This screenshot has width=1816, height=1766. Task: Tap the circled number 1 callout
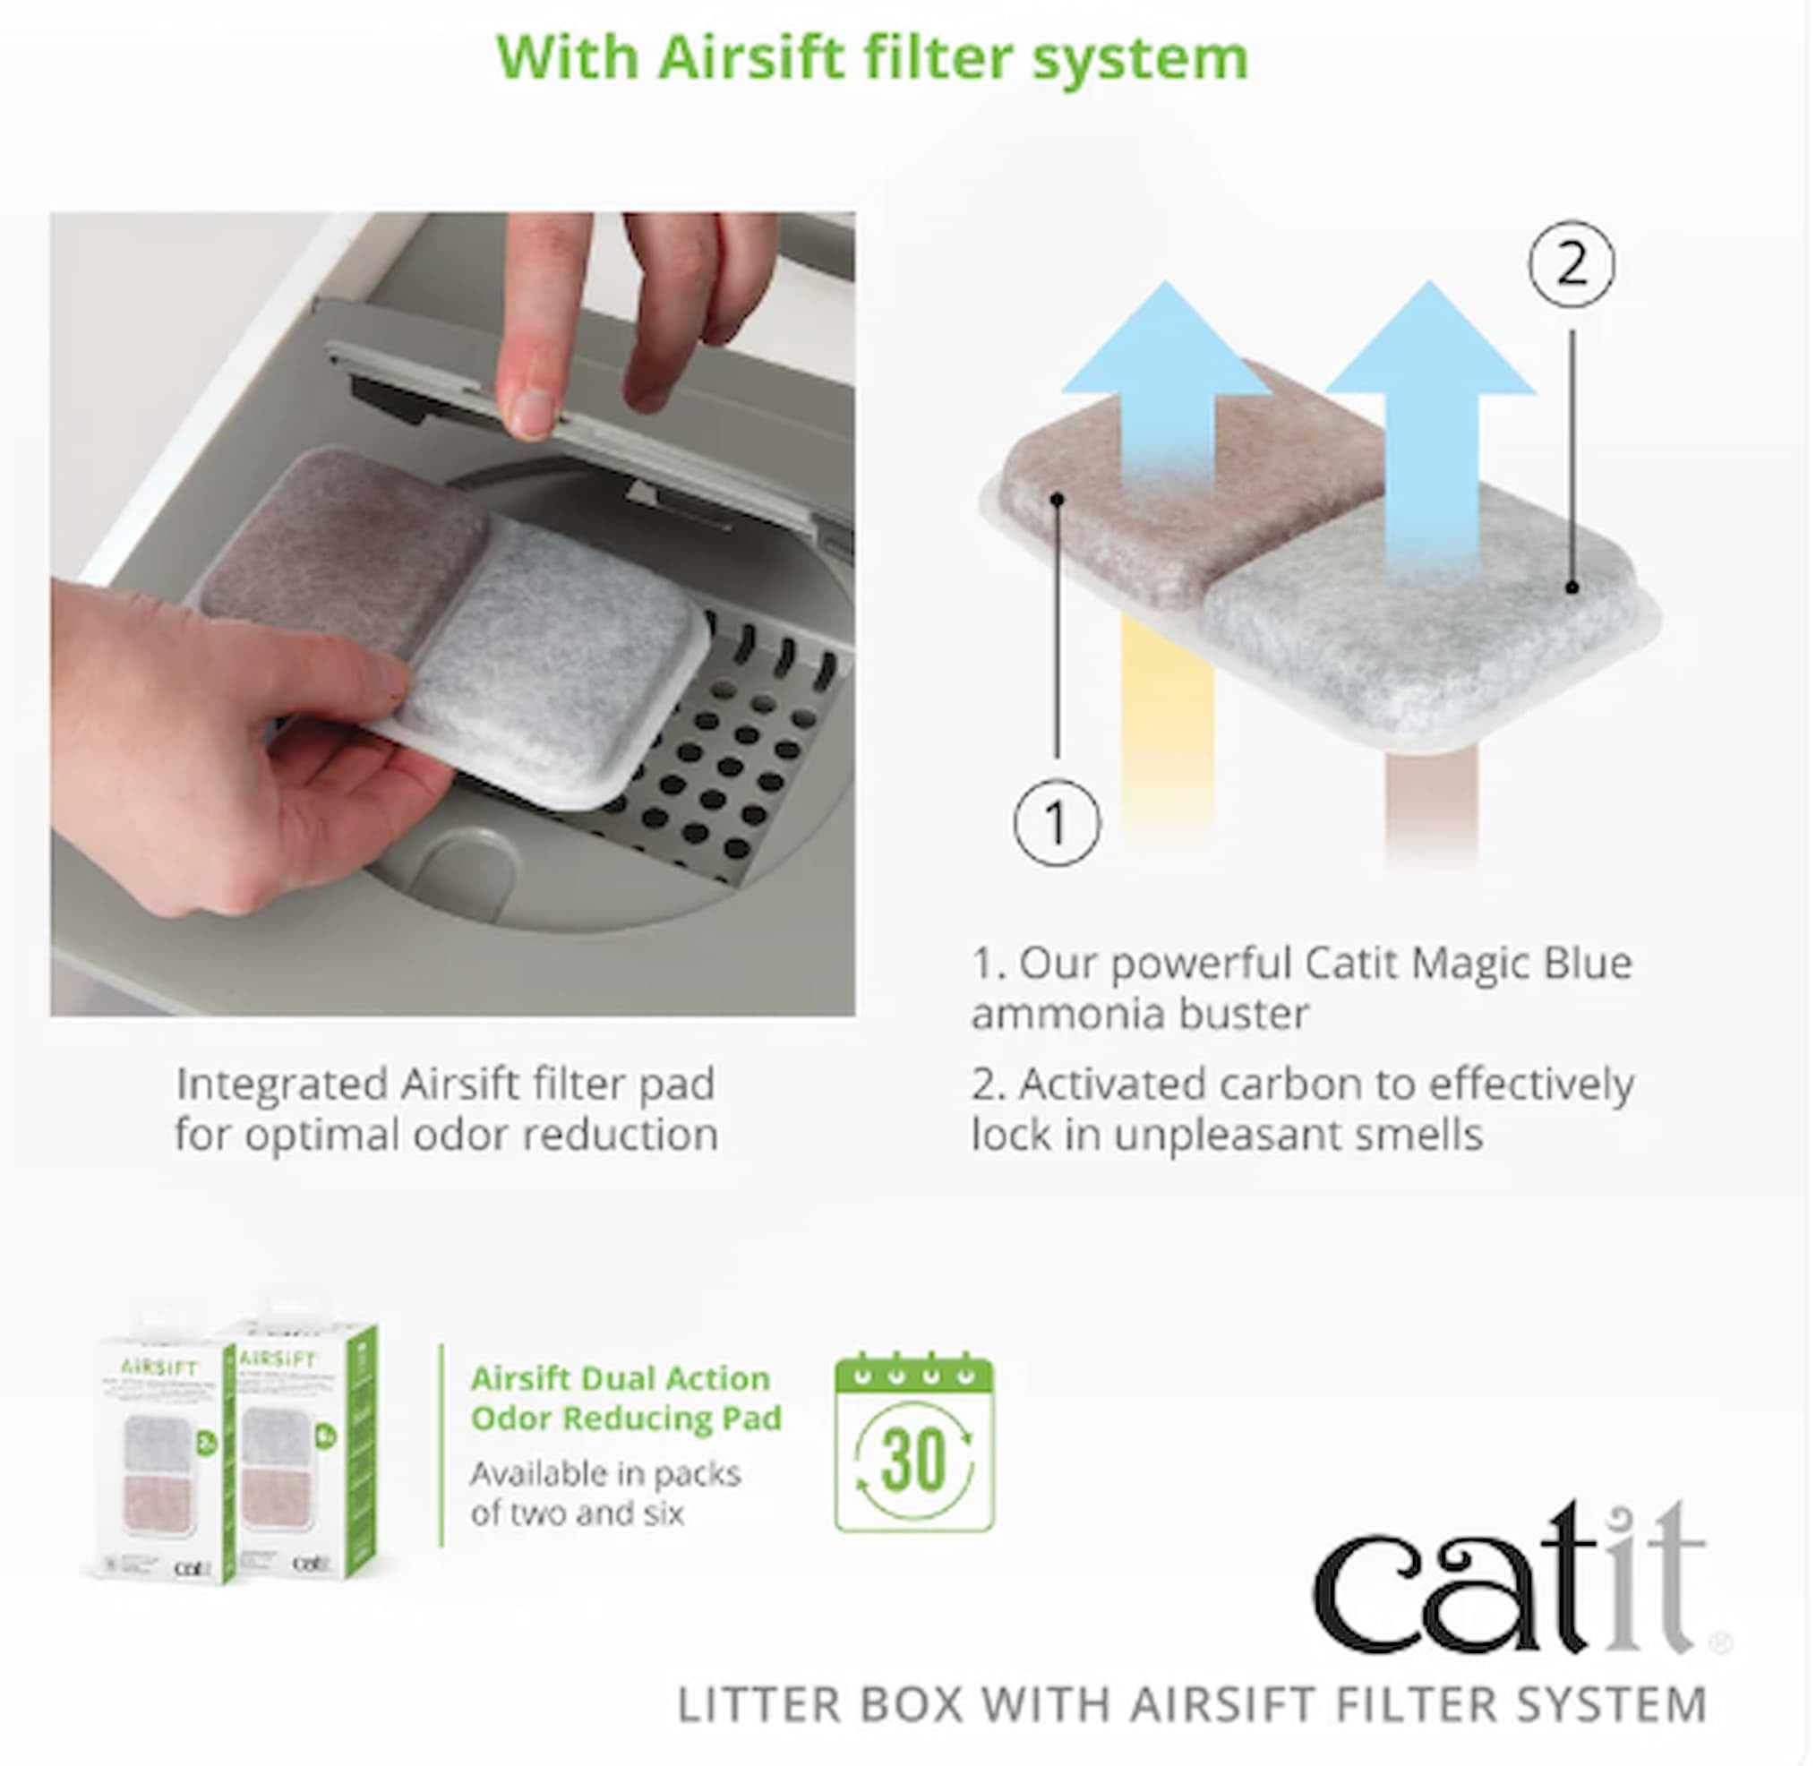pyautogui.click(x=1057, y=823)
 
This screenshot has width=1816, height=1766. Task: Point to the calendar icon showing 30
pyautogui.click(x=914, y=1445)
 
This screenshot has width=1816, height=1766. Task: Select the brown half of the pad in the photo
pyautogui.click(x=343, y=547)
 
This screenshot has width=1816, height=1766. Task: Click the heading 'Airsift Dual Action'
pyautogui.click(x=620, y=1378)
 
